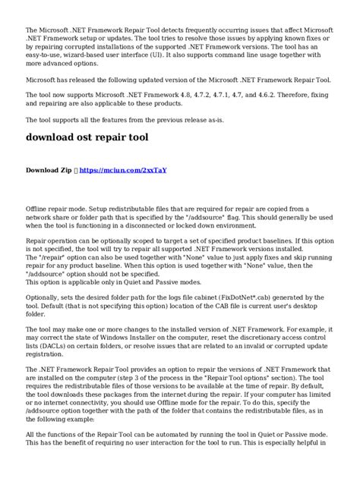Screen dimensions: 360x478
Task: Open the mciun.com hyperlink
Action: point(123,170)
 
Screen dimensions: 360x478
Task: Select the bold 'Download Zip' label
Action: point(49,170)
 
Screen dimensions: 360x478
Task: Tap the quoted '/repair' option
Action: point(55,256)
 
